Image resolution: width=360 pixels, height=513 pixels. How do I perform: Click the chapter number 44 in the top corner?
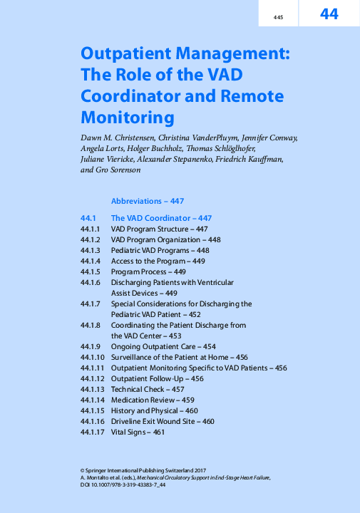[x=329, y=14]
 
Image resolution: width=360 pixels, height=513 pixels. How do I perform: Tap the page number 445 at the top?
[x=279, y=16]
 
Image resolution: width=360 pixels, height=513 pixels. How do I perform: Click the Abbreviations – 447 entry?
[x=148, y=201]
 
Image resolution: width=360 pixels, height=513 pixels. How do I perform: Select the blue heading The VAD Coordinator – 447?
[x=161, y=218]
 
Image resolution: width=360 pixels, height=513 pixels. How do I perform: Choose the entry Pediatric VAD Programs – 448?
[x=160, y=251]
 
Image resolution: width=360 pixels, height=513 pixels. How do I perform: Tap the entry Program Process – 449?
[x=148, y=272]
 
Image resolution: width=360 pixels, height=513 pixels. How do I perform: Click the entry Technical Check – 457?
[x=148, y=390]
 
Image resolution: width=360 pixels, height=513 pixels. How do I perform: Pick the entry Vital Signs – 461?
[x=138, y=432]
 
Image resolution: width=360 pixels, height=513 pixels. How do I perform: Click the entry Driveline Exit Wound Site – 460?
[x=163, y=422]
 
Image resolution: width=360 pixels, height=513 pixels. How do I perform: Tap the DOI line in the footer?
[x=124, y=485]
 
